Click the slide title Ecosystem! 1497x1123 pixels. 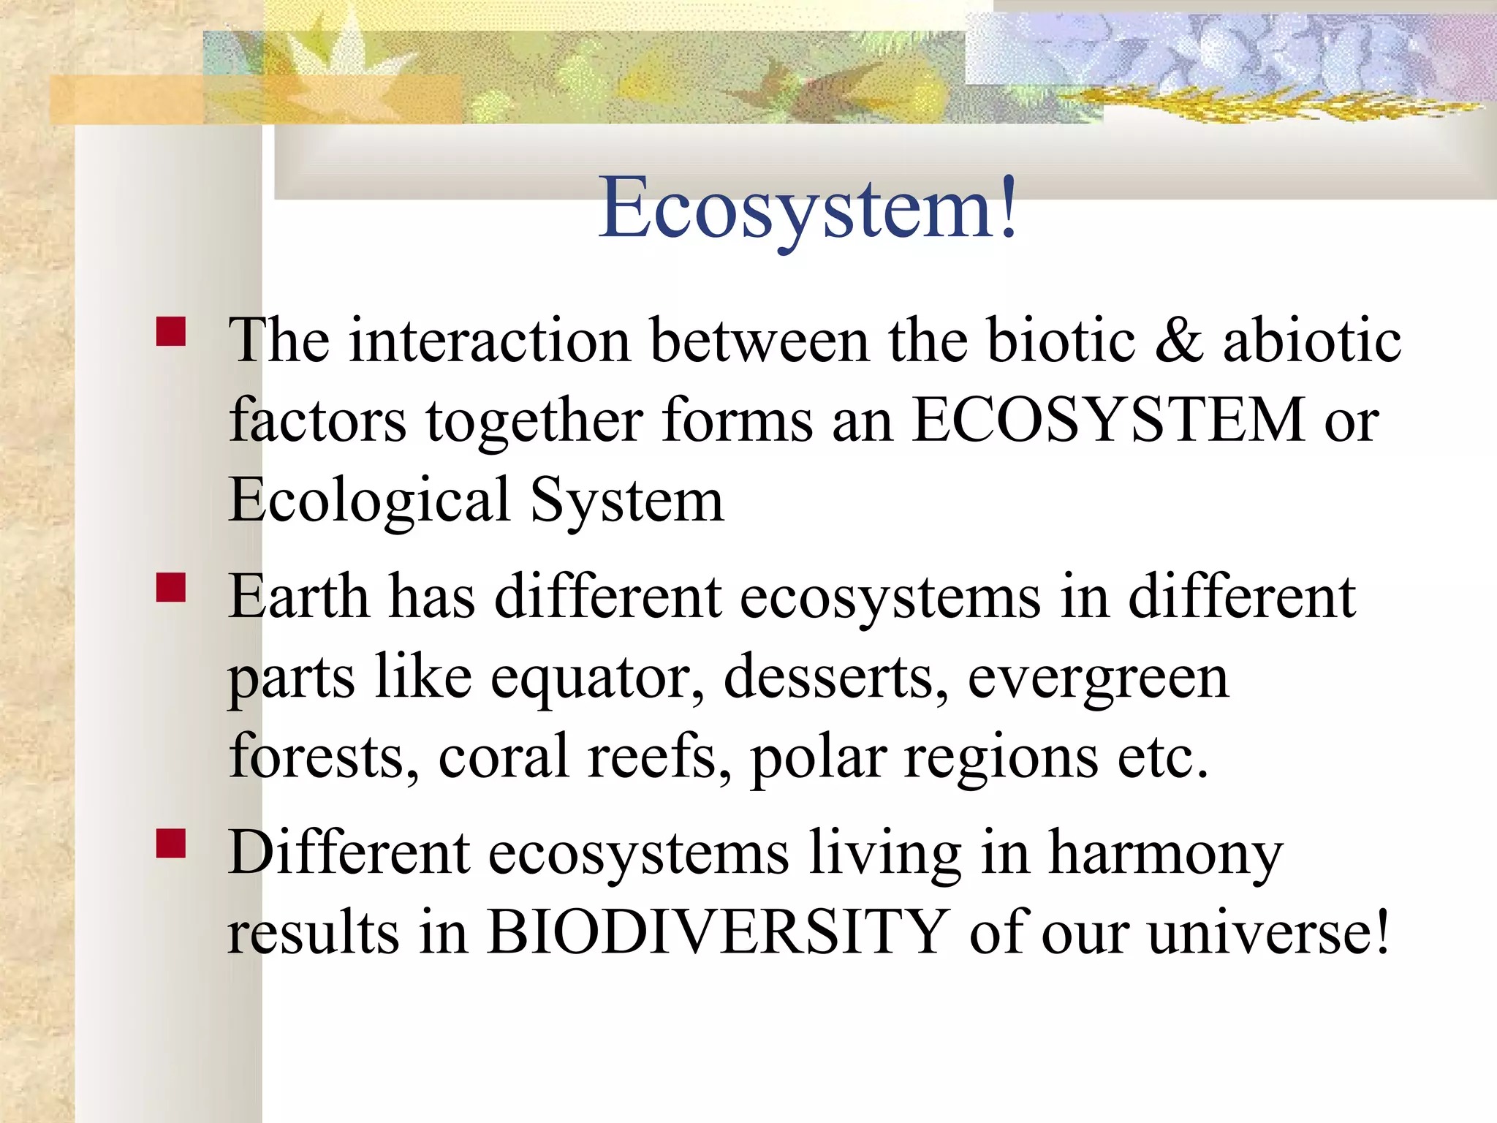(808, 208)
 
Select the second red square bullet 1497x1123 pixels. (171, 586)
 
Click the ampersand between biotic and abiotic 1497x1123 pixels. (1178, 341)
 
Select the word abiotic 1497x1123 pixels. (1312, 341)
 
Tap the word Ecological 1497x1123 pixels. (369, 501)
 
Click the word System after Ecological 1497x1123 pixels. (626, 501)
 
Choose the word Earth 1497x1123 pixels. (298, 597)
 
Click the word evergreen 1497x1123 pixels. (1098, 677)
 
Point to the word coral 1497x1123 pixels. (504, 757)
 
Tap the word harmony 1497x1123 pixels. (1165, 852)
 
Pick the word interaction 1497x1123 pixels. (490, 341)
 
